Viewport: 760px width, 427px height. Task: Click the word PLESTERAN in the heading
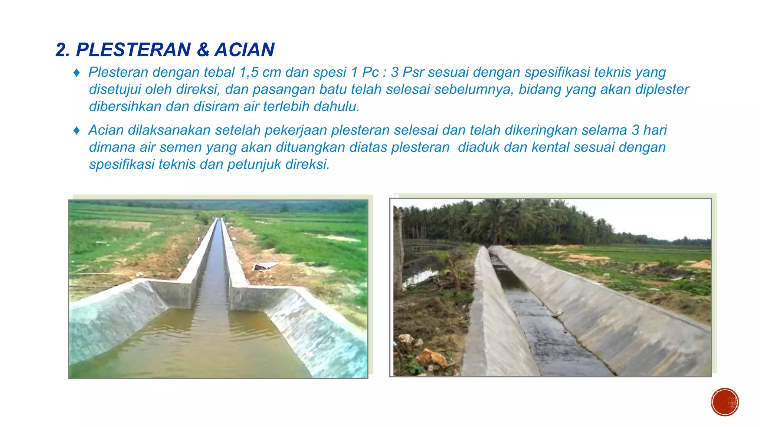[x=134, y=50]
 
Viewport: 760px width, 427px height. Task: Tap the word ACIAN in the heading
[x=245, y=50]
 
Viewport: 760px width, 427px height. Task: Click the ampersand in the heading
[x=203, y=50]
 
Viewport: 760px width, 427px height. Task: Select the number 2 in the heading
[x=61, y=50]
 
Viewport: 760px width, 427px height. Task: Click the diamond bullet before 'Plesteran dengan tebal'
[x=76, y=73]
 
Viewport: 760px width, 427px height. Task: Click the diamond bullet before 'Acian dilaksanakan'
[x=76, y=130]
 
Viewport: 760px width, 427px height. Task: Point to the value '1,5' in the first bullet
[x=249, y=72]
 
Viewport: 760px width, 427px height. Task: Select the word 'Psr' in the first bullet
[x=413, y=72]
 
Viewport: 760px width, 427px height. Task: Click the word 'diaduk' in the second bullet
[x=478, y=147]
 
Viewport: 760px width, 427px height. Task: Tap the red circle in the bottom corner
[x=725, y=402]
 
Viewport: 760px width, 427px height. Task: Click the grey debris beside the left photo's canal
[x=265, y=266]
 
